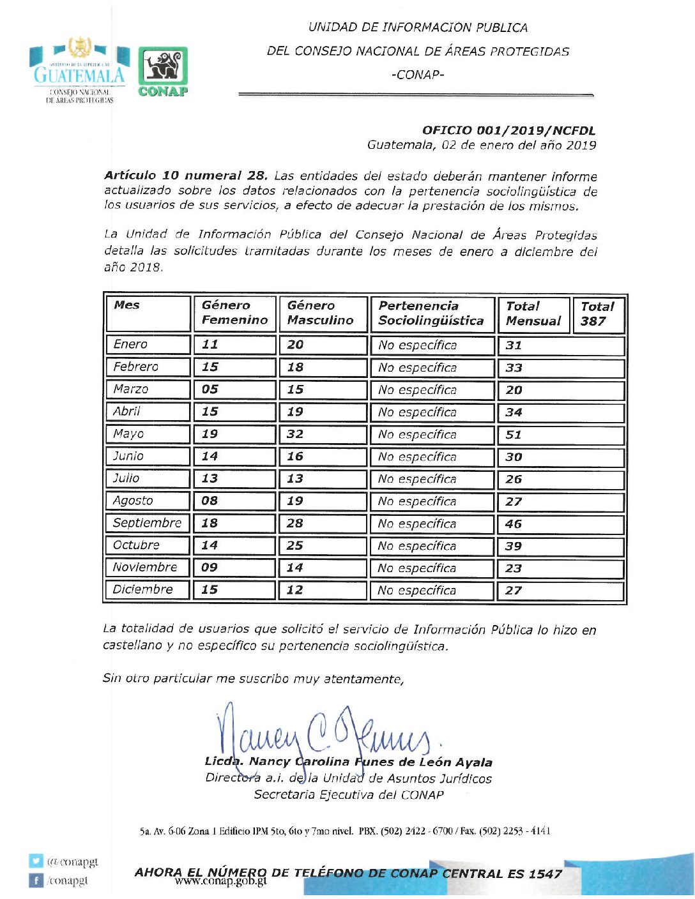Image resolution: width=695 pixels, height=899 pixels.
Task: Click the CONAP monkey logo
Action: pyautogui.click(x=163, y=72)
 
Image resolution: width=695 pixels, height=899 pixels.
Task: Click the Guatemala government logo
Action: pyautogui.click(x=79, y=70)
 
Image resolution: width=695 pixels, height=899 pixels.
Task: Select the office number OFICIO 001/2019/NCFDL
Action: pyautogui.click(x=508, y=130)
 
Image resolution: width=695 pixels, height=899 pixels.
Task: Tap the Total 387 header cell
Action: pyautogui.click(x=597, y=314)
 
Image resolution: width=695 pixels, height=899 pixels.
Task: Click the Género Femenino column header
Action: pyautogui.click(x=234, y=313)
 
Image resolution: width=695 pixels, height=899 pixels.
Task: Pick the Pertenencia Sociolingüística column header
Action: pyautogui.click(x=431, y=313)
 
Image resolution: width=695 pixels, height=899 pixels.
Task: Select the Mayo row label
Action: pyautogui.click(x=128, y=434)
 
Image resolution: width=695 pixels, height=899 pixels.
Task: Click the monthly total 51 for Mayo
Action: pyautogui.click(x=514, y=435)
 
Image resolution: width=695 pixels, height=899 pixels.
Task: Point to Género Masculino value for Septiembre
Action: pyautogui.click(x=294, y=524)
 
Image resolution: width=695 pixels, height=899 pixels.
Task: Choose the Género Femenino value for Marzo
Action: pyautogui.click(x=210, y=389)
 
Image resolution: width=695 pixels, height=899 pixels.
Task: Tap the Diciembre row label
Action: pyautogui.click(x=142, y=590)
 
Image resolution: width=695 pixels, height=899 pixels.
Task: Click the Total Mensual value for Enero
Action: pyautogui.click(x=514, y=345)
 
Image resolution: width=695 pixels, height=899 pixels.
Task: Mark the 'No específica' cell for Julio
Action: pyautogui.click(x=417, y=479)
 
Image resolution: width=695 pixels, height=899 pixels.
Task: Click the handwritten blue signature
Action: pyautogui.click(x=326, y=734)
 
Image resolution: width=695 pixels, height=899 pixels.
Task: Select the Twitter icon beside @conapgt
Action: pyautogui.click(x=35, y=861)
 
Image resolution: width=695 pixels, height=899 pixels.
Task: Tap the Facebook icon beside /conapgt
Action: pyautogui.click(x=35, y=880)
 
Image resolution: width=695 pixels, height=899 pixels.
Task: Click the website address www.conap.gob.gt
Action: pyautogui.click(x=220, y=882)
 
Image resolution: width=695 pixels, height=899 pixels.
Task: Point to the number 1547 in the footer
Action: pyautogui.click(x=545, y=873)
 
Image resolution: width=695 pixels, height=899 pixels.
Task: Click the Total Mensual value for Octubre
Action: pyautogui.click(x=514, y=547)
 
